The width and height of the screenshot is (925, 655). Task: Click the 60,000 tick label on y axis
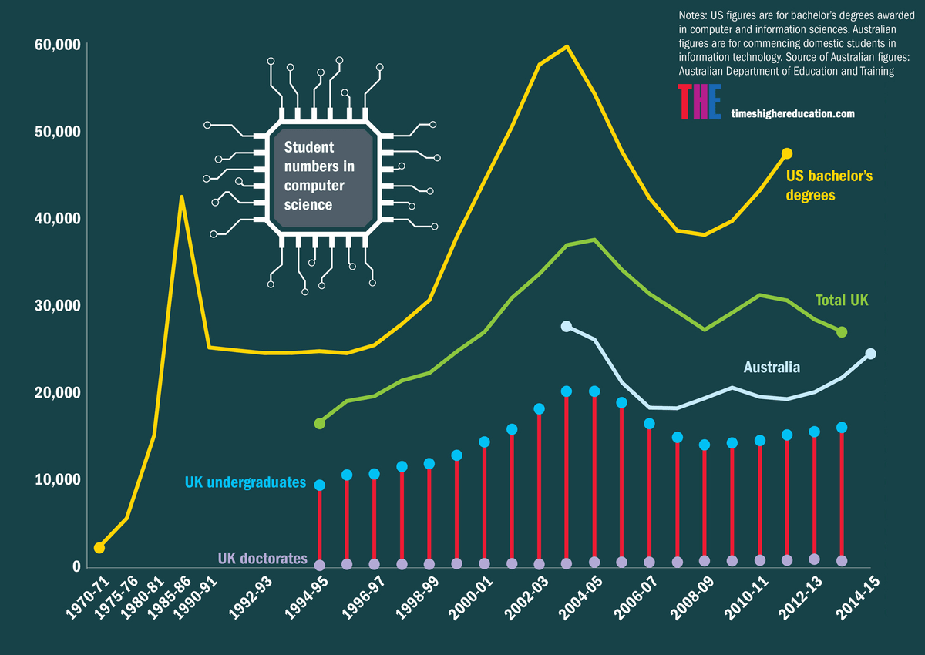(57, 45)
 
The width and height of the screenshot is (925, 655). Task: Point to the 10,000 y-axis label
(57, 479)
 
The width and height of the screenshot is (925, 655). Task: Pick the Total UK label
(842, 301)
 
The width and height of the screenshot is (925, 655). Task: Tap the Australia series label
(772, 368)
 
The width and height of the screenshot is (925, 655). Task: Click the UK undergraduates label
(245, 483)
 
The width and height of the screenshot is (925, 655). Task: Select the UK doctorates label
(262, 558)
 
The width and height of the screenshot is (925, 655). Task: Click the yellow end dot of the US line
(786, 153)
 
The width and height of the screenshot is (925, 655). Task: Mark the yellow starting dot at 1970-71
(99, 548)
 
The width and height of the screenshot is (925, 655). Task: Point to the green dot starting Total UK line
(319, 423)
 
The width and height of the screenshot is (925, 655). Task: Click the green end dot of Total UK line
(842, 331)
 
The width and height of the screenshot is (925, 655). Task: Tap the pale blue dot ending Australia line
(870, 354)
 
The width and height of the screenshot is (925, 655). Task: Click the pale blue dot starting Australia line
(567, 327)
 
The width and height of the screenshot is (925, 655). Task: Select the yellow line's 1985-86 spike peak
(181, 197)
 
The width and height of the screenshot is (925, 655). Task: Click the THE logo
(699, 102)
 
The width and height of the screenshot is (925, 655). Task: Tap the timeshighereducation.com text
(793, 113)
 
